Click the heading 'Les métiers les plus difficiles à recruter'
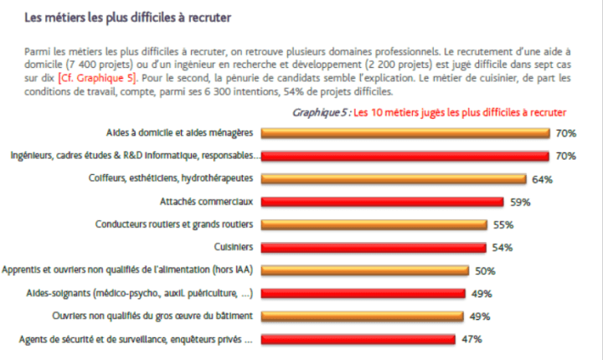(x=126, y=16)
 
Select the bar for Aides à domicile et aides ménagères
(x=405, y=132)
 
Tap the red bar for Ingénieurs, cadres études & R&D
(x=405, y=156)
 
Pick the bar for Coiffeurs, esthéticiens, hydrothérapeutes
(x=394, y=178)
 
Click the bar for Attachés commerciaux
(x=383, y=202)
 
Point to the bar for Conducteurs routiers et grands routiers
(x=374, y=224)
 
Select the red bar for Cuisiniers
(x=374, y=247)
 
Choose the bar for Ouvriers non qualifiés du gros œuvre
(x=363, y=316)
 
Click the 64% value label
(x=542, y=179)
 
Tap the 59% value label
(x=520, y=202)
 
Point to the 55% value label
(x=503, y=225)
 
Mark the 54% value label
(x=502, y=248)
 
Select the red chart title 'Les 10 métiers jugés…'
(x=460, y=111)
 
